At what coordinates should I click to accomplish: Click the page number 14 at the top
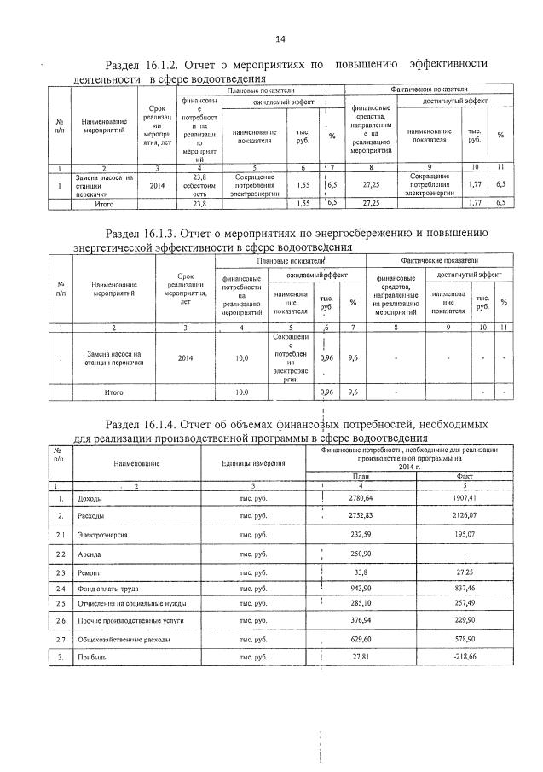tap(280, 38)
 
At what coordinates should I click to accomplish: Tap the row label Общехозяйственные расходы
tap(118, 638)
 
